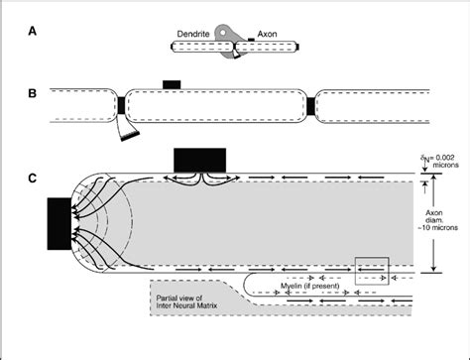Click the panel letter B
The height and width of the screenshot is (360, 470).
[34, 94]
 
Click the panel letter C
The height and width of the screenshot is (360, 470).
[34, 179]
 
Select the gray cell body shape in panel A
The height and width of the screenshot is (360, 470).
[231, 33]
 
